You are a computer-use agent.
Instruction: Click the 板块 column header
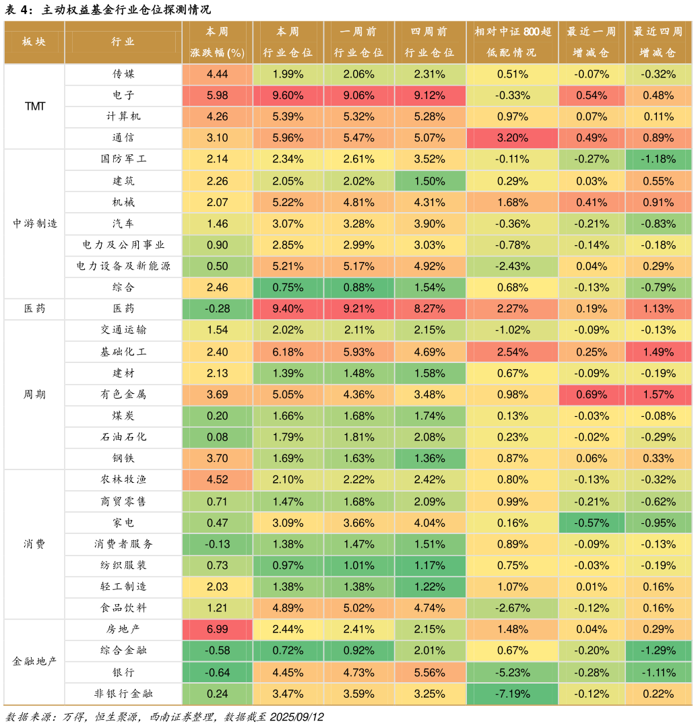pos(34,42)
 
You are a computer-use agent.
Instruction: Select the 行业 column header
pos(123,42)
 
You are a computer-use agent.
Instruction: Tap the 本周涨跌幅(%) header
pos(217,42)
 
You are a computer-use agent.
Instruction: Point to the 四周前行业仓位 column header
pos(430,42)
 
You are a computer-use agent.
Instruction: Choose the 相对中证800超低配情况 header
pos(512,42)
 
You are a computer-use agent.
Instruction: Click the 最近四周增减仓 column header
pos(658,42)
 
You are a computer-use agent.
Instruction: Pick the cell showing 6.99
pos(217,629)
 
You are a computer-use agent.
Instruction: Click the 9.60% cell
pos(288,95)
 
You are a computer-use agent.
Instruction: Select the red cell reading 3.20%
pos(512,138)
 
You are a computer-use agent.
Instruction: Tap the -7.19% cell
pos(512,694)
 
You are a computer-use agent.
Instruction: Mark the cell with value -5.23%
pos(512,672)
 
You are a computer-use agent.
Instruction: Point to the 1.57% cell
pos(658,394)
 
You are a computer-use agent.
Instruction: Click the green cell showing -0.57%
pos(592,523)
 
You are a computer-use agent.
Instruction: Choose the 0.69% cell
pos(592,394)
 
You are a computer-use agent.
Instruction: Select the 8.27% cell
pos(430,308)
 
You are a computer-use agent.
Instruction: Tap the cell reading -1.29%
pos(658,651)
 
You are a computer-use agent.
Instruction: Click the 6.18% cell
pos(288,352)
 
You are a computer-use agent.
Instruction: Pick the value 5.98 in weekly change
pos(217,95)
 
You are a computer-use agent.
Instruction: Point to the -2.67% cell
pos(512,608)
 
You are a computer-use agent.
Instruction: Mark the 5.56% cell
pos(430,672)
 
